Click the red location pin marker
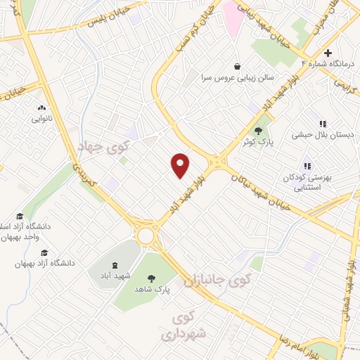point(181,165)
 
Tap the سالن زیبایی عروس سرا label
point(238,77)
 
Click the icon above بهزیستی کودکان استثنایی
point(307,167)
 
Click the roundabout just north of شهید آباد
point(146,236)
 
